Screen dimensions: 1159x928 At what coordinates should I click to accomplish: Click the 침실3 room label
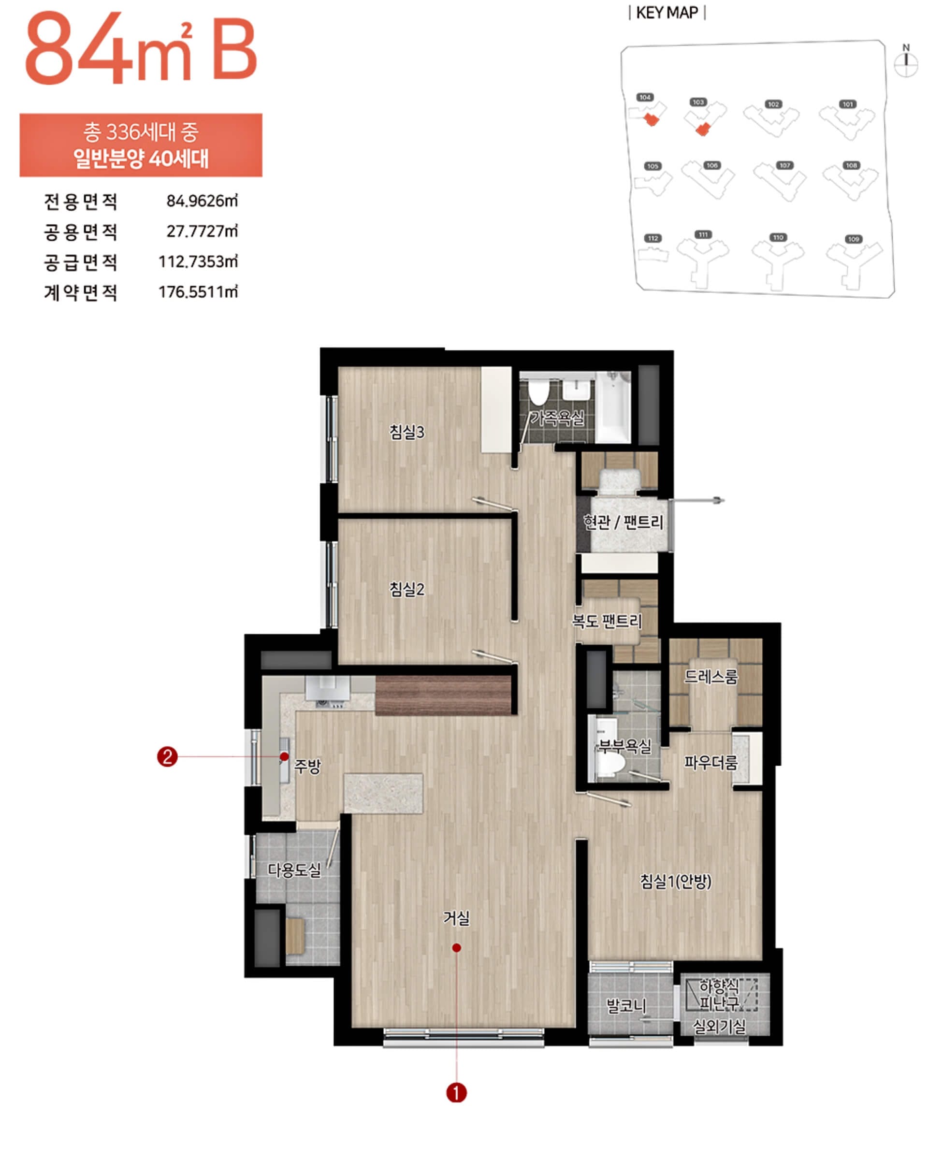(x=406, y=432)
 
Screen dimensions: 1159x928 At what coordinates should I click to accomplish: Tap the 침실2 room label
(x=406, y=589)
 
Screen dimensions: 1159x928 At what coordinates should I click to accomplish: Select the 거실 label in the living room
(x=456, y=918)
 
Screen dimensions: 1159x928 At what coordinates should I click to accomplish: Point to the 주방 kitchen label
(x=307, y=766)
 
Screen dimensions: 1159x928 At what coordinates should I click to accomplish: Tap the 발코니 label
(x=626, y=1005)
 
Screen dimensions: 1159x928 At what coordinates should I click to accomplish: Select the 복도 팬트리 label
(x=607, y=622)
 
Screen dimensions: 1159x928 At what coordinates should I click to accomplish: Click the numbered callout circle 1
(x=456, y=1093)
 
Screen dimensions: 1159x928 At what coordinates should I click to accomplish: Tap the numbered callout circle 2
(x=167, y=757)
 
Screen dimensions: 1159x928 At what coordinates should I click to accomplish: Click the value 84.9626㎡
(x=202, y=201)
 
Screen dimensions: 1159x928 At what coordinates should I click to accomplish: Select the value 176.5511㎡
(x=198, y=292)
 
